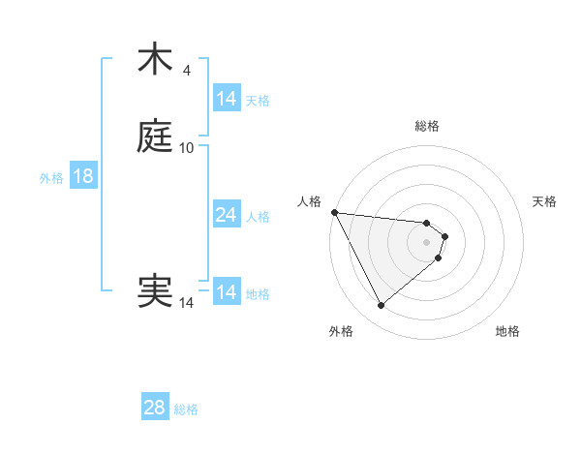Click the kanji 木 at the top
click(155, 59)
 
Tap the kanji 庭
click(155, 136)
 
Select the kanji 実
click(155, 291)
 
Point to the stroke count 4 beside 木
click(187, 71)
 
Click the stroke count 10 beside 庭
click(187, 148)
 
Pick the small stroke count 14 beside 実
click(187, 303)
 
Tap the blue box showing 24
click(226, 215)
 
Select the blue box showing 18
click(82, 176)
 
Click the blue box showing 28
click(154, 408)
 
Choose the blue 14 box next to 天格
click(226, 99)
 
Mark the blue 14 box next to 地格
click(226, 292)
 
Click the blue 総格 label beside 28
click(186, 409)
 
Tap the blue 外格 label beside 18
click(50, 177)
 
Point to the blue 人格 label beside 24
click(259, 216)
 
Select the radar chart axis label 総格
click(426, 126)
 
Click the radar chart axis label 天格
click(545, 201)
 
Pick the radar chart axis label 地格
click(507, 331)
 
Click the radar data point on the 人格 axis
click(334, 212)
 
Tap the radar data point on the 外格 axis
click(381, 306)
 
